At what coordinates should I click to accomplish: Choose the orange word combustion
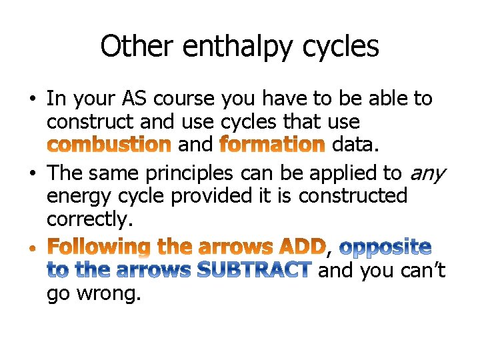tap(110, 144)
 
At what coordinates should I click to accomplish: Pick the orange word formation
tap(272, 144)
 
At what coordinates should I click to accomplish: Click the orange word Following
tap(101, 247)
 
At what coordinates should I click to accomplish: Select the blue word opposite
tap(385, 247)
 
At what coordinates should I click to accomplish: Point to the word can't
tap(421, 271)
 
